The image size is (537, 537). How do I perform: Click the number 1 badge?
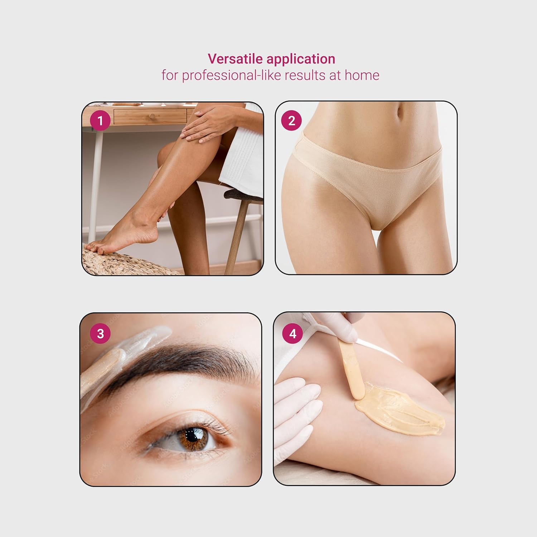point(100,121)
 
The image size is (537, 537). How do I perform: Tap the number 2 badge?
point(291,121)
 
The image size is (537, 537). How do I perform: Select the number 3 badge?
point(100,334)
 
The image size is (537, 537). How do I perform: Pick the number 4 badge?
point(293,334)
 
